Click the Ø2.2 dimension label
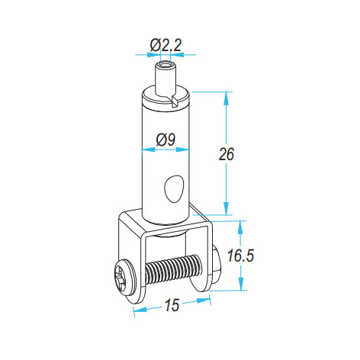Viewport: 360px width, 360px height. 166,46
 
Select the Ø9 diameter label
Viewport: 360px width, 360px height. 166,140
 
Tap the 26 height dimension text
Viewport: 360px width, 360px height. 227,154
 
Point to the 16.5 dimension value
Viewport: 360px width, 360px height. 240,256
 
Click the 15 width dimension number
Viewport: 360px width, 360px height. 172,305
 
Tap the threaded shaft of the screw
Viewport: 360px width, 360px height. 174,268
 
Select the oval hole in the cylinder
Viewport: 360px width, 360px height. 174,188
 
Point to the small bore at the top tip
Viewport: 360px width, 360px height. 166,63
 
